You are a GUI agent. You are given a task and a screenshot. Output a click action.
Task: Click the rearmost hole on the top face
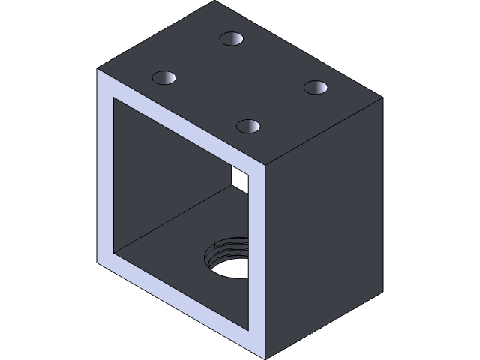232,39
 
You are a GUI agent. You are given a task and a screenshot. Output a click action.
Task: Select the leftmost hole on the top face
164,77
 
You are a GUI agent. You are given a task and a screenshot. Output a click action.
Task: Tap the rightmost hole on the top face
316,87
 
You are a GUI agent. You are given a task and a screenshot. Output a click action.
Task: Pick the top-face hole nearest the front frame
248,126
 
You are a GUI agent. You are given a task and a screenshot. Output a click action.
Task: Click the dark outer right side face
326,225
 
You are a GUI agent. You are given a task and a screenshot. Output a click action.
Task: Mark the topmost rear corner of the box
215,1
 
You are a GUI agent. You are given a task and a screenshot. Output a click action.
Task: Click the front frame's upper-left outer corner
97,69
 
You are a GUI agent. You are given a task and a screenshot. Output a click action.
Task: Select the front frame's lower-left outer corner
97,262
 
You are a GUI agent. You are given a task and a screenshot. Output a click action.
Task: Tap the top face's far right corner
383,98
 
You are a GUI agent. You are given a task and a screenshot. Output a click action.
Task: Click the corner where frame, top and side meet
267,164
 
